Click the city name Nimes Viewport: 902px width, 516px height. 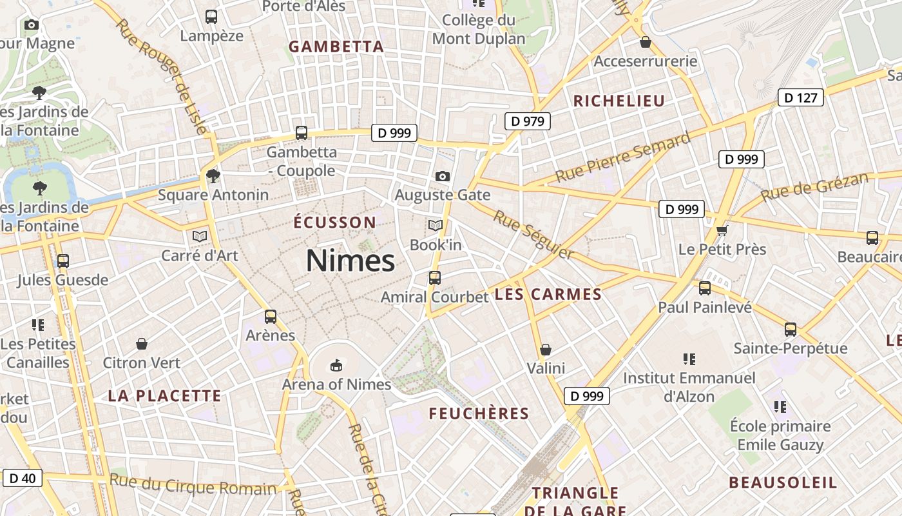[350, 261]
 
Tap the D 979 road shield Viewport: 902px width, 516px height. [527, 121]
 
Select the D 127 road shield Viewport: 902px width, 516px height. [801, 98]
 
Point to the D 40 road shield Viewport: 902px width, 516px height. [23, 478]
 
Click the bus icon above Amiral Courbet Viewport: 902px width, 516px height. [435, 278]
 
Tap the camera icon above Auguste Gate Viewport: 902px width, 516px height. [442, 176]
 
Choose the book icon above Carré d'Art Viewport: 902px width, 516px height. [200, 237]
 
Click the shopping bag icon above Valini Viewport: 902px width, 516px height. [546, 350]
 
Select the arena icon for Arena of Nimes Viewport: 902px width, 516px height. [336, 366]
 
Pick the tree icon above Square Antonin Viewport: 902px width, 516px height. [213, 175]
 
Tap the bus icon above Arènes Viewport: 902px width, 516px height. [271, 317]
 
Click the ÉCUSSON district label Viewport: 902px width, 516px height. [334, 223]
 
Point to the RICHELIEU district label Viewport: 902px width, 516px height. [619, 101]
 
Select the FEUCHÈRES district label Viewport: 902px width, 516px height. [479, 413]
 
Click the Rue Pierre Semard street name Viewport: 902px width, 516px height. [623, 156]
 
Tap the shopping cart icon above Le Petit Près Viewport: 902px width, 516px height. [722, 230]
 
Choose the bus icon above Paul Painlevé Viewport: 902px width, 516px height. [705, 288]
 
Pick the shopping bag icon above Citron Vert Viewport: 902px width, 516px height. [142, 344]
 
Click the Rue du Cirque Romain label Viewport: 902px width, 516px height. [193, 484]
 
